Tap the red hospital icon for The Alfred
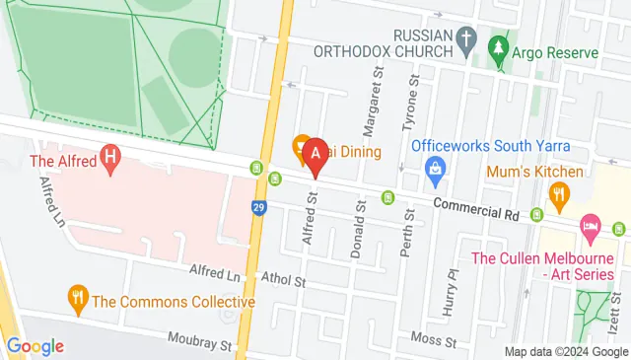click(110, 157)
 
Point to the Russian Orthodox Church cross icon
click(468, 41)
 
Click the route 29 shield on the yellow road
click(258, 207)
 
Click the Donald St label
click(360, 228)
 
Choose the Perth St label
click(405, 229)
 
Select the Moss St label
click(436, 340)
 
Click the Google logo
click(35, 345)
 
